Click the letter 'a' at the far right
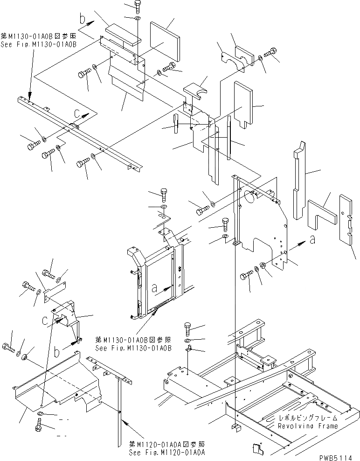(x=312, y=240)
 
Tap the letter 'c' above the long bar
(x=76, y=112)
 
